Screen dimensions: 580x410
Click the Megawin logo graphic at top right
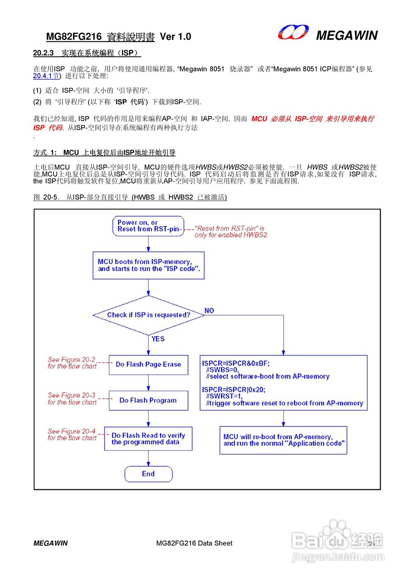pos(293,33)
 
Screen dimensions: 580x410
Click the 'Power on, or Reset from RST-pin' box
pos(149,226)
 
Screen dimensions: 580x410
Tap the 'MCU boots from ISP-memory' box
pos(149,265)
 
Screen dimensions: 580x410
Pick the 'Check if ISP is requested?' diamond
pos(149,315)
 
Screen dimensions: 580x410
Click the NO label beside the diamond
pos(209,311)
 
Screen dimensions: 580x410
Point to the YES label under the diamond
pos(158,339)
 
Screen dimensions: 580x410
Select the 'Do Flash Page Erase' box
pos(149,364)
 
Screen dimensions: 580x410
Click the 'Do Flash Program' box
pos(149,400)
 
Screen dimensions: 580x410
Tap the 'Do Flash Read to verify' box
pos(149,439)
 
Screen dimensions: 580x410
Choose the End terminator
pos(149,474)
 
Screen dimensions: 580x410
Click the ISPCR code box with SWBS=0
pos(284,382)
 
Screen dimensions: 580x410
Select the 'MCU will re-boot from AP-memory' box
pos(283,440)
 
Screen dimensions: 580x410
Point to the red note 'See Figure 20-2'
pos(72,363)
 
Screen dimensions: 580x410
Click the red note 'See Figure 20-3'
pos(72,399)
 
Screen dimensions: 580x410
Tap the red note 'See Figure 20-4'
pos(72,435)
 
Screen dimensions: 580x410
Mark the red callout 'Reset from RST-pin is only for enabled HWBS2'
pos(231,232)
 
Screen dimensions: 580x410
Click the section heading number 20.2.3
pos(43,53)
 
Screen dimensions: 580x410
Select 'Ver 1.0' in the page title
pos(176,37)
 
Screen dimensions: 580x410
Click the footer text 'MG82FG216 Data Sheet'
pos(194,543)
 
